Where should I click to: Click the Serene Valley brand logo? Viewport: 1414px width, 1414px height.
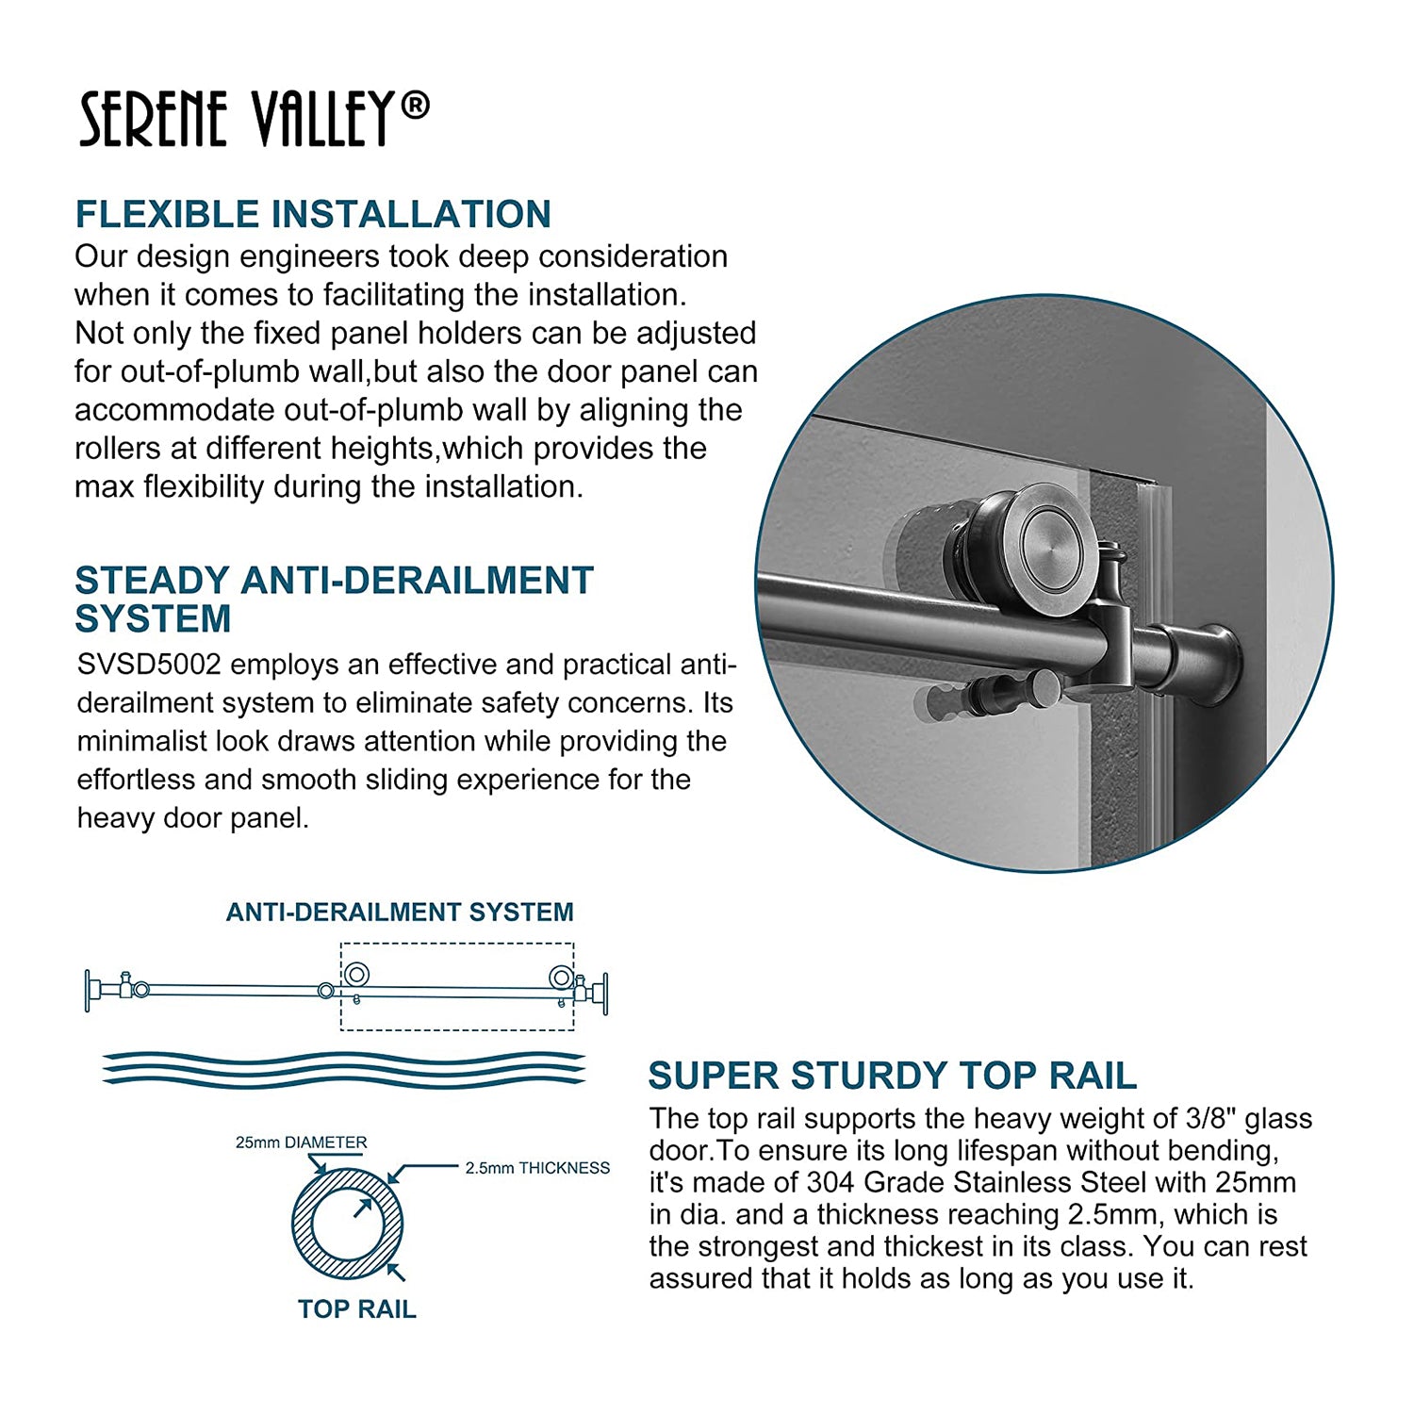click(x=255, y=120)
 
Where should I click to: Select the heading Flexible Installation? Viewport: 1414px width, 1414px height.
click(x=313, y=214)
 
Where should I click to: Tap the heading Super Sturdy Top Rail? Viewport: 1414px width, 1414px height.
click(x=893, y=1076)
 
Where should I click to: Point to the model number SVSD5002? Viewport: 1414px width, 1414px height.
click(x=149, y=665)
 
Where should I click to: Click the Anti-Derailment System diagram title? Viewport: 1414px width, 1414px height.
click(x=400, y=912)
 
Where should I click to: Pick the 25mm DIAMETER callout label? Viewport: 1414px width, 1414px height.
click(x=302, y=1143)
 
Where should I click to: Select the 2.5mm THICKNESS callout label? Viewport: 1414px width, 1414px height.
click(x=537, y=1168)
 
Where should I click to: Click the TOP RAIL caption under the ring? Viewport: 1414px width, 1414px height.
click(x=357, y=1309)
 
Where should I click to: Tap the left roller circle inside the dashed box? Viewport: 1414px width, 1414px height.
click(x=356, y=975)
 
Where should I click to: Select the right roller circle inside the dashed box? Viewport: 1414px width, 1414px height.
click(x=562, y=977)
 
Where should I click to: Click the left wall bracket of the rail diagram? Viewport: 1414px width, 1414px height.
click(x=91, y=990)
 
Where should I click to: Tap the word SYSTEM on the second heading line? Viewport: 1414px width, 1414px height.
click(x=153, y=619)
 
